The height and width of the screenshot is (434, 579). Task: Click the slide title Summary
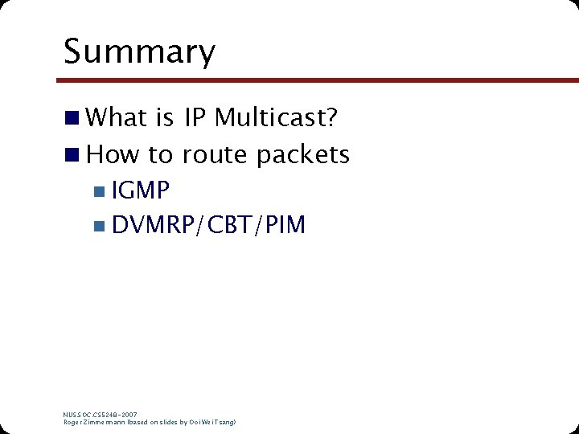[x=139, y=51]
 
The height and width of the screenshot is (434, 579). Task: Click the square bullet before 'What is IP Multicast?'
[x=72, y=119]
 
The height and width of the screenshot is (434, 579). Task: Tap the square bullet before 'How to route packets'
[x=72, y=154]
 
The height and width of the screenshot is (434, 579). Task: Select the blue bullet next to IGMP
[x=98, y=191]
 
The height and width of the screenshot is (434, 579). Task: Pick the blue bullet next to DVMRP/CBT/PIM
[x=98, y=226]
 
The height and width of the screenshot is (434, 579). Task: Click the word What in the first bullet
[x=117, y=118]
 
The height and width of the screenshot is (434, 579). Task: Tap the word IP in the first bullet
[x=195, y=118]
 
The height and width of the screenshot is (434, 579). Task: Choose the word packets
[x=303, y=154]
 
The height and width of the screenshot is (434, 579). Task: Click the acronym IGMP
[x=142, y=190]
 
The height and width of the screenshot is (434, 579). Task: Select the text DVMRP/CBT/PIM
[x=209, y=225]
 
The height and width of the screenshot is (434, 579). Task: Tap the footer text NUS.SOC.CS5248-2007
[x=101, y=414]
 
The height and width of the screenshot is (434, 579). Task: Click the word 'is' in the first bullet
[x=165, y=118]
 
